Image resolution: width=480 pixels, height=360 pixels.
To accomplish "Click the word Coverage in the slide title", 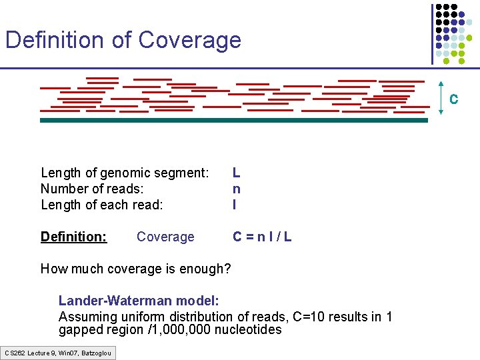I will pos(189,40).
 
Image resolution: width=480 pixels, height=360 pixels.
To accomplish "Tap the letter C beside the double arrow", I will pos(453,99).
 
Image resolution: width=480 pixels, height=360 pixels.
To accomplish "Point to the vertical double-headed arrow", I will pos(441,99).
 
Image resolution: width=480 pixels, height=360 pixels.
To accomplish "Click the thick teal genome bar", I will pos(233,121).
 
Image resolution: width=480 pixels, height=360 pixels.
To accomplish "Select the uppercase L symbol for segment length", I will pos(237,173).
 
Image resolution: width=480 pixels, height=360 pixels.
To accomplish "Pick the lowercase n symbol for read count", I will pos(237,189).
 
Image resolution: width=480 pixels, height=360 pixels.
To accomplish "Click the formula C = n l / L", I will pos(261,237).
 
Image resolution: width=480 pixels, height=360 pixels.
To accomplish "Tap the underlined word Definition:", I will pos(73,237).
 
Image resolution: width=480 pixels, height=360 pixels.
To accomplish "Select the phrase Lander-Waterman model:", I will pos(139,301).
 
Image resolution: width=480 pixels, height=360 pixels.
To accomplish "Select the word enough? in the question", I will pos(205,269).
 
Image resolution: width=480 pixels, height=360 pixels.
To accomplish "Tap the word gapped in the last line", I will pos(79,330).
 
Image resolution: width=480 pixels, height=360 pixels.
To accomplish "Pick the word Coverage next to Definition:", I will pos(165,237).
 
